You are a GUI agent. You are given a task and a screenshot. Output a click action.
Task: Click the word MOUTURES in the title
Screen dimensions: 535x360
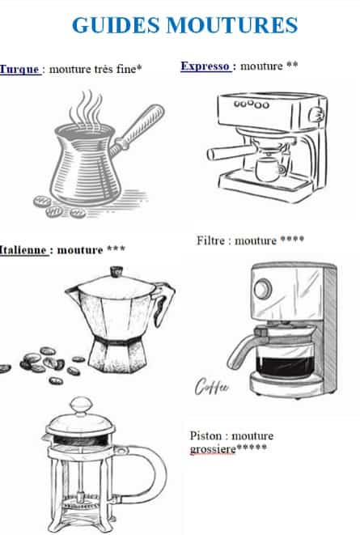[x=231, y=25]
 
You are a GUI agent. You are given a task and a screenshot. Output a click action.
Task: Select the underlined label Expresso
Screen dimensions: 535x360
[x=205, y=66]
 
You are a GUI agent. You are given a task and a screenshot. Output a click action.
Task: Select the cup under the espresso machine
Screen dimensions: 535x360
[x=267, y=169]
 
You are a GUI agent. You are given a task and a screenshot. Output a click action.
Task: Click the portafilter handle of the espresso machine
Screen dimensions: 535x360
[x=227, y=153]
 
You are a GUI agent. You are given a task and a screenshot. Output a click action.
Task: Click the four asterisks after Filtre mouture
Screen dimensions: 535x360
[x=294, y=240]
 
